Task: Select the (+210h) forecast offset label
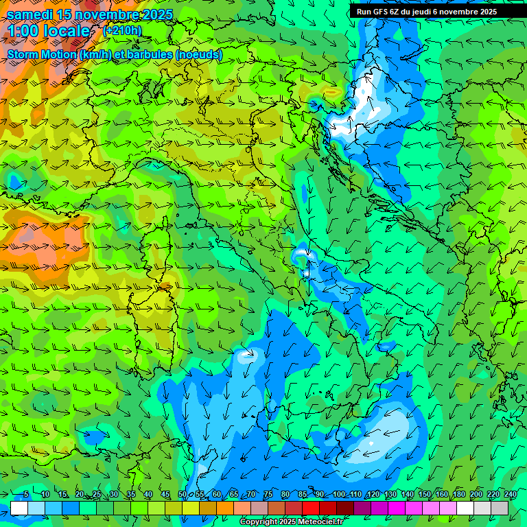point(122,30)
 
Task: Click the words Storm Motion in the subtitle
point(41,54)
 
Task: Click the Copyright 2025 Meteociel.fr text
point(291,522)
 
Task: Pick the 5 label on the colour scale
point(26,494)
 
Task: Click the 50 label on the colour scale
point(183,494)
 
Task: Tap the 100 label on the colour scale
point(339,494)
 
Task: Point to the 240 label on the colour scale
point(511,494)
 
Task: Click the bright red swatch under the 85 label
point(311,508)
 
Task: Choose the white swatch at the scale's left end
point(19,508)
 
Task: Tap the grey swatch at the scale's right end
point(500,508)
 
